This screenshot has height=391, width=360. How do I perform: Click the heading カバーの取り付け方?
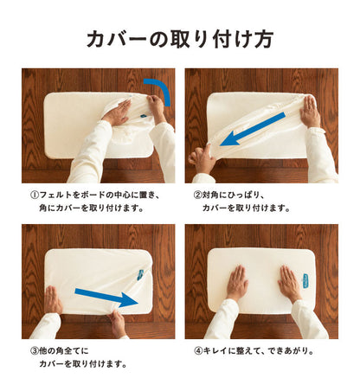click(x=180, y=39)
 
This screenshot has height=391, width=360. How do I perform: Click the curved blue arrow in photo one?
click(x=164, y=87)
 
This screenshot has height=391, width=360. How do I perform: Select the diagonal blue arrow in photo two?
click(x=253, y=129)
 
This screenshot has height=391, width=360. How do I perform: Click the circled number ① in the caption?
click(x=34, y=195)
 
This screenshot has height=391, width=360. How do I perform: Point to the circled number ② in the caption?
click(x=197, y=195)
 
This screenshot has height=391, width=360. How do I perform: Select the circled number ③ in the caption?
click(x=34, y=351)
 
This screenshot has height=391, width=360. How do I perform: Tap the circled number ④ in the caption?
click(x=198, y=351)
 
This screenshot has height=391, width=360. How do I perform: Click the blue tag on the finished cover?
click(x=305, y=280)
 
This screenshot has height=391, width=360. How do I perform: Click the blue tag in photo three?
click(x=140, y=274)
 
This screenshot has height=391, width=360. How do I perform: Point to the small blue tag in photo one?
click(x=143, y=116)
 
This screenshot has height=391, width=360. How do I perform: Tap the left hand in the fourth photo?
click(x=237, y=283)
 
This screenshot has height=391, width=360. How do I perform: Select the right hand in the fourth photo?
click(x=289, y=283)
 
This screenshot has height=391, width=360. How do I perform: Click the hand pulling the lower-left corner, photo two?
click(x=202, y=159)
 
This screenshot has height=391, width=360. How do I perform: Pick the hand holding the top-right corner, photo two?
click(x=310, y=112)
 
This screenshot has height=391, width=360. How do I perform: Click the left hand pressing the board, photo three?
click(x=53, y=300)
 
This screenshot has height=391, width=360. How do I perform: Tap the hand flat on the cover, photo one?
click(x=117, y=112)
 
